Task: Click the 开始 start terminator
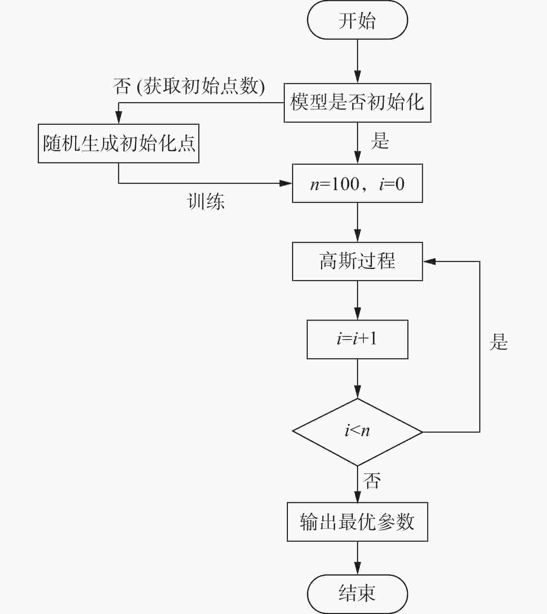[x=357, y=20]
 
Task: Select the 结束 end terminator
[x=357, y=593]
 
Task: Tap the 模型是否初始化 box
[x=357, y=103]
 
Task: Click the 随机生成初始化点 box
[x=118, y=143]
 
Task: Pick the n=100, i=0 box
[x=357, y=183]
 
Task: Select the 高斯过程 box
[x=357, y=261]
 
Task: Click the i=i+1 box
[x=357, y=339]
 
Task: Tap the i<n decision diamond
[x=357, y=432]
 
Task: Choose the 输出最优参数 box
[x=357, y=522]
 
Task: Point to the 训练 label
[x=206, y=202]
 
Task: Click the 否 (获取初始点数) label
[x=189, y=86]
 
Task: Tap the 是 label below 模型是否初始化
[x=380, y=141]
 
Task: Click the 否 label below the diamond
[x=372, y=481]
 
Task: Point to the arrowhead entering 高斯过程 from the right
[x=429, y=261]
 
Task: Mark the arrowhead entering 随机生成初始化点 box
[x=119, y=118]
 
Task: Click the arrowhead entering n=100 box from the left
[x=286, y=183]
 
